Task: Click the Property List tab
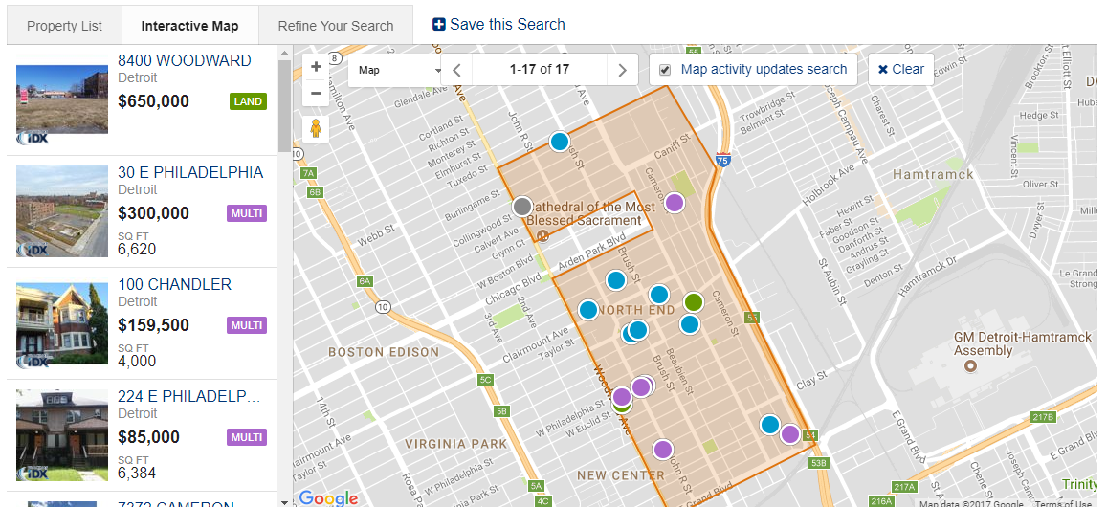coord(64,26)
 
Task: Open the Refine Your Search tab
coord(336,26)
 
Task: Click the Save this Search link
coord(498,25)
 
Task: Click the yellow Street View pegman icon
coord(316,127)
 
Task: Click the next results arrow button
coord(623,70)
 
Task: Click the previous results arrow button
coord(457,70)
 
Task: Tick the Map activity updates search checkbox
coord(665,70)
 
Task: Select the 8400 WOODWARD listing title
coord(185,61)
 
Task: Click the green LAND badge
coord(248,101)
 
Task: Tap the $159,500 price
coord(154,325)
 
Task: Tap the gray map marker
coord(522,206)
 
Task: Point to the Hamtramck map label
coord(933,174)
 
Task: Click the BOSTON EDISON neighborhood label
coord(384,352)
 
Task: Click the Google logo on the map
coord(328,497)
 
